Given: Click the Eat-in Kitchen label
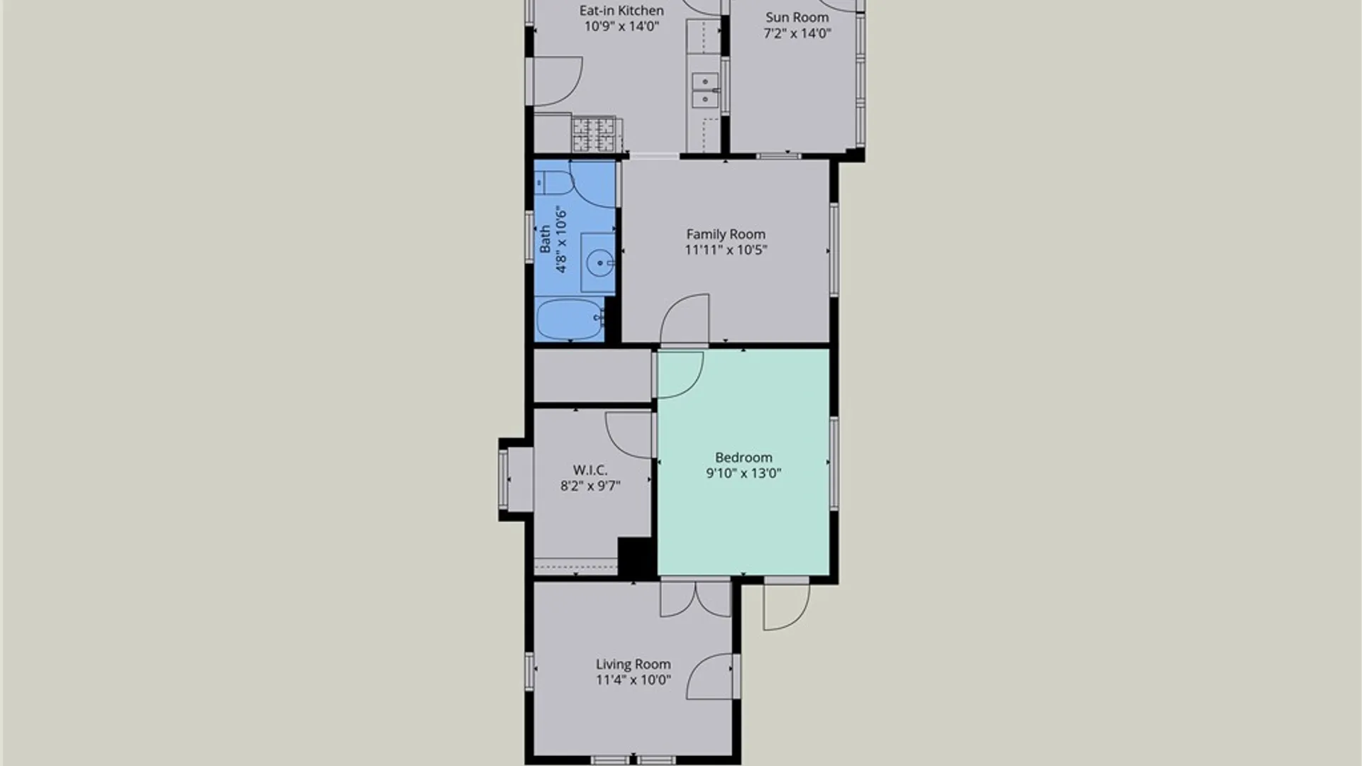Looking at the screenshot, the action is pyautogui.click(x=621, y=11).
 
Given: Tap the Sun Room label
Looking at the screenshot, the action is pyautogui.click(x=797, y=17).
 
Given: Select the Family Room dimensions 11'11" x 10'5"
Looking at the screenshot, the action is pyautogui.click(x=726, y=250).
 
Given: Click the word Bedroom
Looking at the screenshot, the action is pyautogui.click(x=743, y=457).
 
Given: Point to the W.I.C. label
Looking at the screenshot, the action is pyautogui.click(x=590, y=470).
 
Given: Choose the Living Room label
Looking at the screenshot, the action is pyautogui.click(x=633, y=664).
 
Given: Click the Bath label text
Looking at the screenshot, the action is pyautogui.click(x=545, y=239).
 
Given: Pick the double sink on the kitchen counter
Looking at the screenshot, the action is pyautogui.click(x=705, y=91).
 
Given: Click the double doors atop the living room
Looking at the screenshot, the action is pyautogui.click(x=695, y=599).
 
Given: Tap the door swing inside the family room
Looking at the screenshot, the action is pyautogui.click(x=685, y=318).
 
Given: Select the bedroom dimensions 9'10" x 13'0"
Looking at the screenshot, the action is pyautogui.click(x=743, y=473).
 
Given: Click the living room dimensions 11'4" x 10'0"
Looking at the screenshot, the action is pyautogui.click(x=633, y=679).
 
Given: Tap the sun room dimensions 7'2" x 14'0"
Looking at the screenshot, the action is pyautogui.click(x=797, y=33).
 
